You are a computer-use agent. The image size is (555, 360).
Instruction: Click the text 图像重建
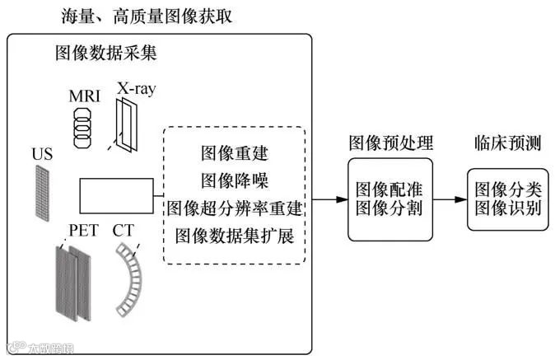(x=235, y=153)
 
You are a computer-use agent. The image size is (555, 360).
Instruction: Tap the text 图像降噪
(x=235, y=180)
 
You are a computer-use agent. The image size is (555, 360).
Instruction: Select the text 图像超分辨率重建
(x=235, y=208)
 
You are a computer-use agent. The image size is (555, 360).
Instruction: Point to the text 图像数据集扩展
(x=235, y=235)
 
